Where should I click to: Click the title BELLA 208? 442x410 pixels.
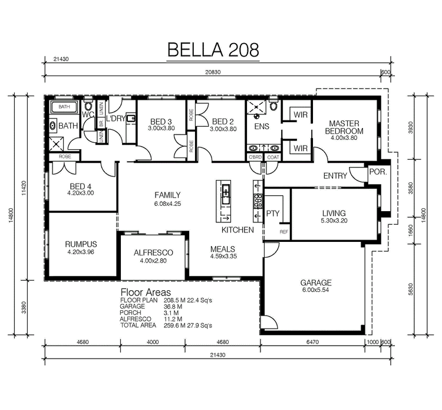pyautogui.click(x=213, y=50)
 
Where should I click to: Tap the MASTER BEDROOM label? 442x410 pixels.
pyautogui.click(x=344, y=127)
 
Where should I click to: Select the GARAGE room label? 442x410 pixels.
pyautogui.click(x=316, y=283)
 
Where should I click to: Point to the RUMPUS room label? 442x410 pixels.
pyautogui.click(x=82, y=244)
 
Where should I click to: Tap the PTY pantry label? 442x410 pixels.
pyautogui.click(x=272, y=213)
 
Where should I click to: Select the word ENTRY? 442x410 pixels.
pyautogui.click(x=335, y=176)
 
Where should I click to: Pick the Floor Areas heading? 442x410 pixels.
pyautogui.click(x=146, y=292)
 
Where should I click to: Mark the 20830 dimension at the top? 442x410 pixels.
pyautogui.click(x=211, y=71)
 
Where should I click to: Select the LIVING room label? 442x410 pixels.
pyautogui.click(x=334, y=214)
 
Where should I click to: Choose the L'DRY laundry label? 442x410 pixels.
pyautogui.click(x=116, y=119)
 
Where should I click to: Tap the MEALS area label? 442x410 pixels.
pyautogui.click(x=223, y=249)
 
